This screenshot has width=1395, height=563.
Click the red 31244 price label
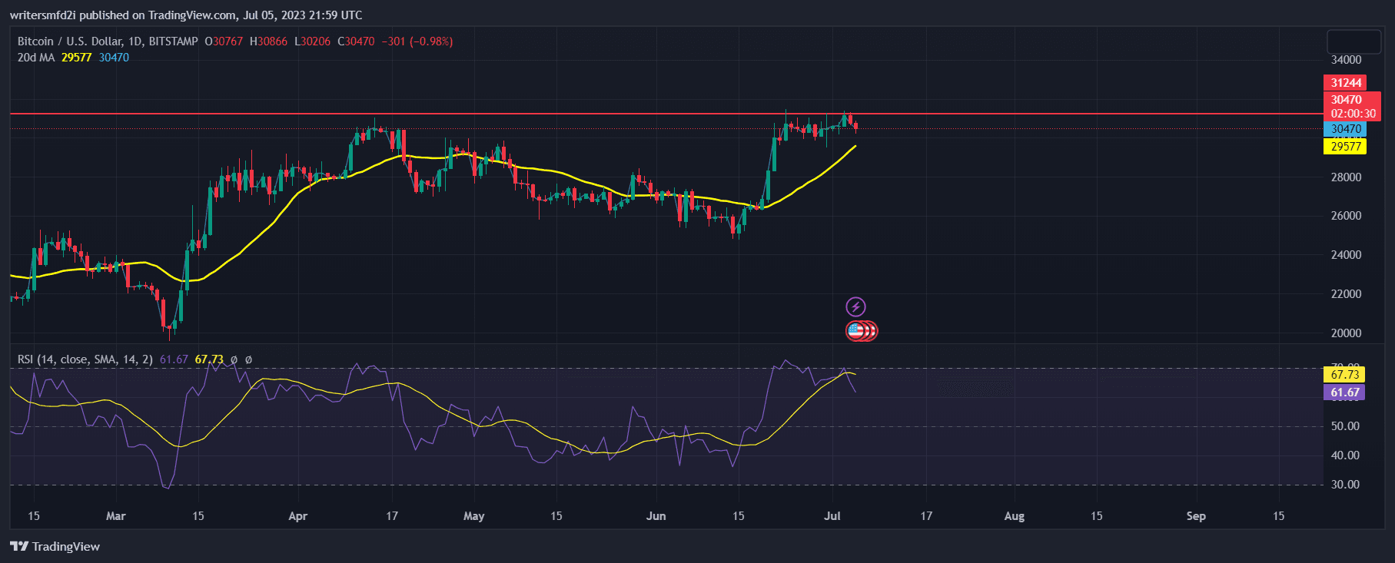point(1346,83)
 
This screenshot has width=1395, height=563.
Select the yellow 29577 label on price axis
point(1345,147)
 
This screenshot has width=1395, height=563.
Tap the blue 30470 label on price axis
point(1345,129)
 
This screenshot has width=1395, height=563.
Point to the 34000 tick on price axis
point(1346,60)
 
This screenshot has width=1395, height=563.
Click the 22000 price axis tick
point(1346,294)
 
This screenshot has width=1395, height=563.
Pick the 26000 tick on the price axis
point(1346,216)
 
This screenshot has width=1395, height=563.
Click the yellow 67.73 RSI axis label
point(1344,375)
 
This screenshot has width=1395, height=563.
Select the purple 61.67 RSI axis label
point(1344,392)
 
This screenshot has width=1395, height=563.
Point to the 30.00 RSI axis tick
point(1345,485)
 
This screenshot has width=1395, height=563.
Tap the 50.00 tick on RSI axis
point(1345,426)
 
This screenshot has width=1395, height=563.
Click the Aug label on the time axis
point(1014,516)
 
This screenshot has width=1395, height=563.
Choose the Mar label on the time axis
point(115,516)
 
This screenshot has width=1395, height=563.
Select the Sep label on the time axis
point(1196,516)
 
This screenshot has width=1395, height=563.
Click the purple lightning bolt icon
point(855,307)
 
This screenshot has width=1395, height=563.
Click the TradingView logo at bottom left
point(55,547)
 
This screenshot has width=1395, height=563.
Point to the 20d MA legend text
point(36,58)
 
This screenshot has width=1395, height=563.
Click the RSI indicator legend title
point(85,359)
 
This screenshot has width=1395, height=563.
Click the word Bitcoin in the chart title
point(35,41)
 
